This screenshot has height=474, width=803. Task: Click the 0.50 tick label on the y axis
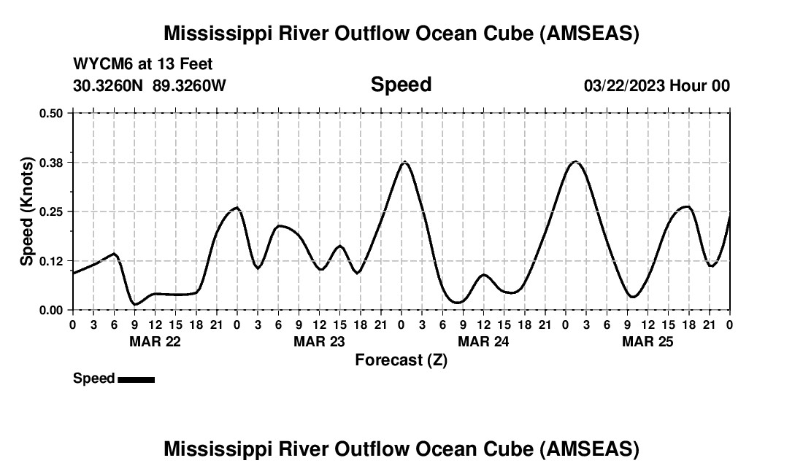51,113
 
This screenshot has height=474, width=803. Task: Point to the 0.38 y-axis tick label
51,162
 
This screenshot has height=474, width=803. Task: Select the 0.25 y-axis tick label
51,211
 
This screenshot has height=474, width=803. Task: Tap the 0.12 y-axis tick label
51,261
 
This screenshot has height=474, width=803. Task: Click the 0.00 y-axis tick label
51,310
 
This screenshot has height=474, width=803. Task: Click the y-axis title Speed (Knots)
27,211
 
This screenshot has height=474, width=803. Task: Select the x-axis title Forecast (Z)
401,360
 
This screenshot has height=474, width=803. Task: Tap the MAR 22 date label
155,341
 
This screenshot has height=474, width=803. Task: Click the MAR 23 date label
319,341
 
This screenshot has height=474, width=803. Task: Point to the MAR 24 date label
483,341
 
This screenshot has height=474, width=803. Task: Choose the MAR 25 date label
648,341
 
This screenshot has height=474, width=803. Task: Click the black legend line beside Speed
136,379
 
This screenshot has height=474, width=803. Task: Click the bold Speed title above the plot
401,85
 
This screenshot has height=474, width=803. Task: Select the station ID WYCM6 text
99,65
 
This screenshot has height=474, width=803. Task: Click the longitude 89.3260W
189,85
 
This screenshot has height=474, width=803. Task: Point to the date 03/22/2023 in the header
624,85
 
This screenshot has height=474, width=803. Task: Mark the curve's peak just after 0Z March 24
404,162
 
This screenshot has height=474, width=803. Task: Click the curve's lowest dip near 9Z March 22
134,304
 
